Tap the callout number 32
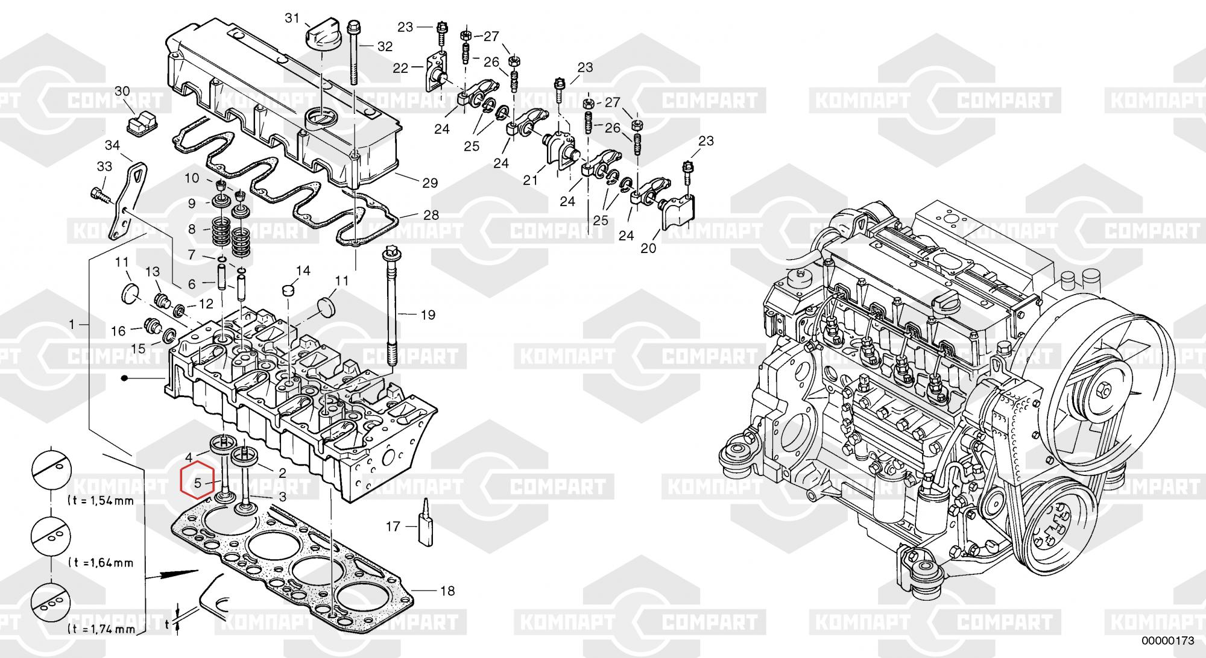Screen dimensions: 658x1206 tap(385, 46)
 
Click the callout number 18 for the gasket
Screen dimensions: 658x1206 tap(447, 591)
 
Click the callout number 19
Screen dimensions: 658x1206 tap(428, 314)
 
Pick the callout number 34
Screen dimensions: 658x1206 tap(112, 145)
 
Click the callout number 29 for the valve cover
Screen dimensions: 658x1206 tap(430, 183)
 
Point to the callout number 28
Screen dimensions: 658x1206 tap(431, 215)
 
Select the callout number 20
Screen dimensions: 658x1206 tap(648, 248)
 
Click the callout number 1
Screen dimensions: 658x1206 tap(72, 324)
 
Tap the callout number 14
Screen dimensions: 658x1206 tap(303, 271)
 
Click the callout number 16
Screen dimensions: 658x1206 tap(118, 330)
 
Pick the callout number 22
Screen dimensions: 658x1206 tap(401, 68)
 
